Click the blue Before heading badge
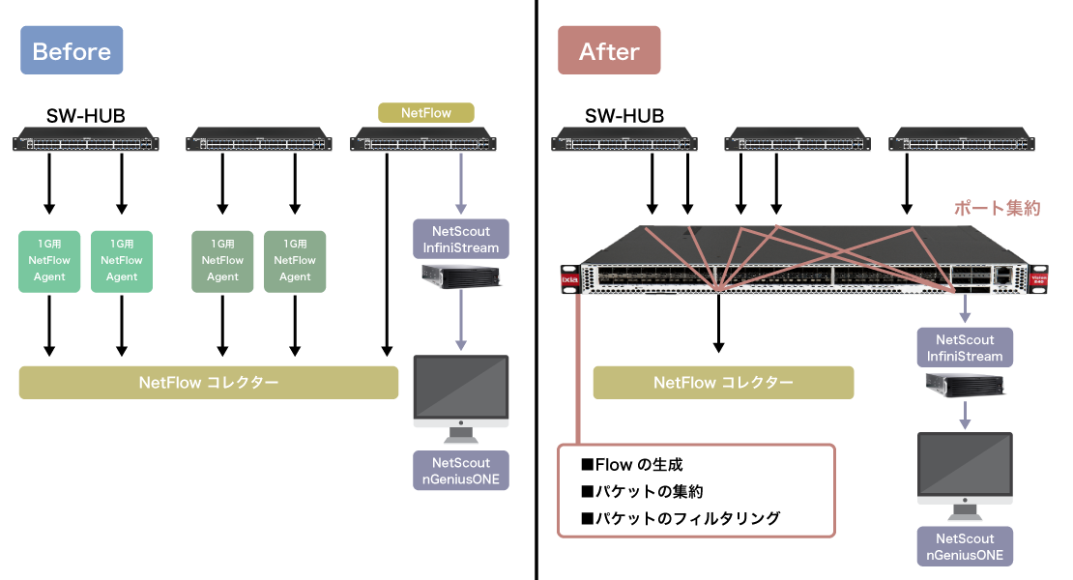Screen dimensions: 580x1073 tap(72, 51)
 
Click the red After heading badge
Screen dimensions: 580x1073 tap(609, 51)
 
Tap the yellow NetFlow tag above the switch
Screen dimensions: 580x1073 tap(426, 112)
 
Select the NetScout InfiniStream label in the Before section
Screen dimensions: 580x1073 tap(461, 240)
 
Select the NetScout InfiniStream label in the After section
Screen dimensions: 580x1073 tap(964, 348)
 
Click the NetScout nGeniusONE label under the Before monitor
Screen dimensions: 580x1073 tap(461, 471)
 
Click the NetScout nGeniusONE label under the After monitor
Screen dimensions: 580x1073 tap(964, 546)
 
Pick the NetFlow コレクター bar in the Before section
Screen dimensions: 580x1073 tap(209, 382)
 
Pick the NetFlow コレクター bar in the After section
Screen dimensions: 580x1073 tap(723, 382)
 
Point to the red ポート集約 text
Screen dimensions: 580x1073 tap(997, 208)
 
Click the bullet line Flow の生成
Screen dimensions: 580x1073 tap(638, 466)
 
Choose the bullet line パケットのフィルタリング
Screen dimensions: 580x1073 tap(680, 518)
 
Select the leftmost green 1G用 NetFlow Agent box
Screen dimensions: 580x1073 tap(50, 261)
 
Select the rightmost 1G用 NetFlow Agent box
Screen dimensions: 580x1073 tap(295, 261)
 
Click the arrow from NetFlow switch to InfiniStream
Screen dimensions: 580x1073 tap(461, 184)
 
